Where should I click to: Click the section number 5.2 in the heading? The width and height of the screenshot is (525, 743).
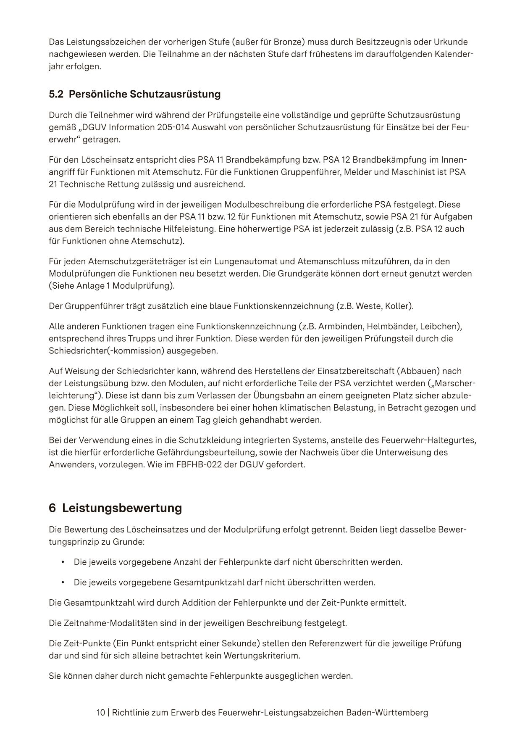click(56, 94)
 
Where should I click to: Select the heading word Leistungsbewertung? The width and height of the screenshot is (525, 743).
click(122, 508)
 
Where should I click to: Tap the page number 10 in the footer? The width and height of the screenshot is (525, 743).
click(101, 713)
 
